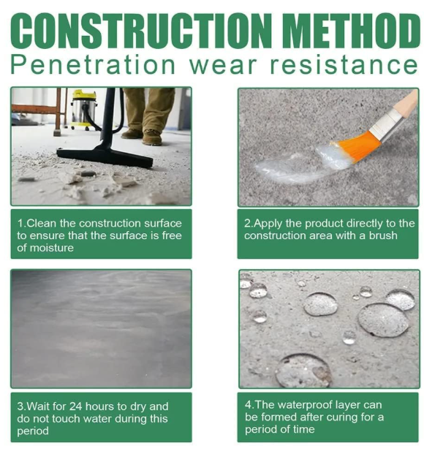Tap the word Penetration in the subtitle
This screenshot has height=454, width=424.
coord(93,65)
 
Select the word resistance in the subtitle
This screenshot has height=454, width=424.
coord(344,65)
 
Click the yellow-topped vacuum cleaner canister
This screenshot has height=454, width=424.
coord(84,110)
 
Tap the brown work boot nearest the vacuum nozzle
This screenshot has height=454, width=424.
coord(152,137)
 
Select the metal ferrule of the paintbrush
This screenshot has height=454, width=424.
coord(387,124)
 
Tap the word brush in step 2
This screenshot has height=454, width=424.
coord(383,235)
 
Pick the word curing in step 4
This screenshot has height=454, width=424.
coord(344,417)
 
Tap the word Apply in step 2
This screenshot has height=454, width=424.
coord(268,224)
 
